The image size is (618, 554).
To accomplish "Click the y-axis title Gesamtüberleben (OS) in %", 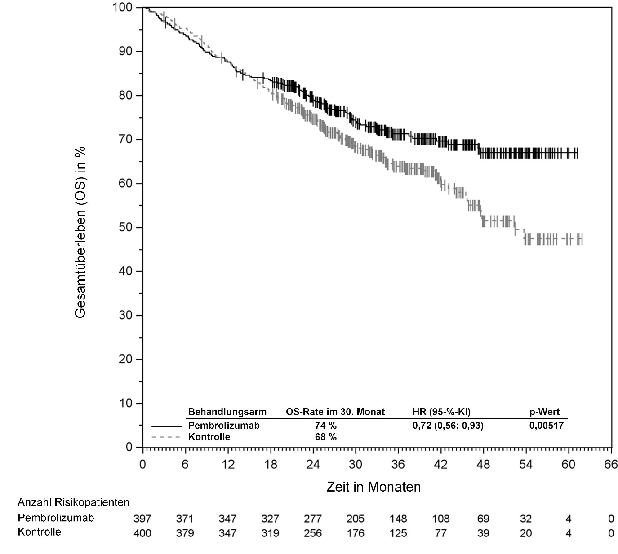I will tap(80, 232).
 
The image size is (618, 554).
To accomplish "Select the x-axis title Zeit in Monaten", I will tap(373, 487).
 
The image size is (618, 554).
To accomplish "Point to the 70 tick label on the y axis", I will tap(124, 140).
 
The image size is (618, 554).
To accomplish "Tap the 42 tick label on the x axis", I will tap(440, 464).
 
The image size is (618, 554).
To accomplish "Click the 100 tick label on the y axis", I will tap(121, 8).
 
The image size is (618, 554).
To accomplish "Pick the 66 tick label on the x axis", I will tap(611, 464).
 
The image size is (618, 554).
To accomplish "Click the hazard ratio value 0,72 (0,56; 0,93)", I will tap(448, 426).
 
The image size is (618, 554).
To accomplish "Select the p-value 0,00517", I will tap(546, 426).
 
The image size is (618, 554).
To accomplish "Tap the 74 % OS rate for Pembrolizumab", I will tap(325, 426).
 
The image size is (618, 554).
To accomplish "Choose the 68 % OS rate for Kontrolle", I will tap(325, 437).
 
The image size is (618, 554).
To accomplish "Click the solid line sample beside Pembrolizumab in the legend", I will tap(166, 426).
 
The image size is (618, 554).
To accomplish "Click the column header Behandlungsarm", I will tap(227, 412).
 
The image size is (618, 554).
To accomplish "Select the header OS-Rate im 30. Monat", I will tap(335, 412).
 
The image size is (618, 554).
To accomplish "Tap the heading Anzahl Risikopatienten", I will tap(73, 502).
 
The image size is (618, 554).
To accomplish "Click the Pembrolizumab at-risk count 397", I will tap(142, 519).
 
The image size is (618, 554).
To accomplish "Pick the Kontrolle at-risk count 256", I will tap(313, 533).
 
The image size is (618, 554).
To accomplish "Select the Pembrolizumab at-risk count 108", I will tap(440, 519).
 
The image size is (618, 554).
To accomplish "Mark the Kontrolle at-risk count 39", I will tap(483, 533).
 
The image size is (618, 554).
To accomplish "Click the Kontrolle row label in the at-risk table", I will tap(39, 532).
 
